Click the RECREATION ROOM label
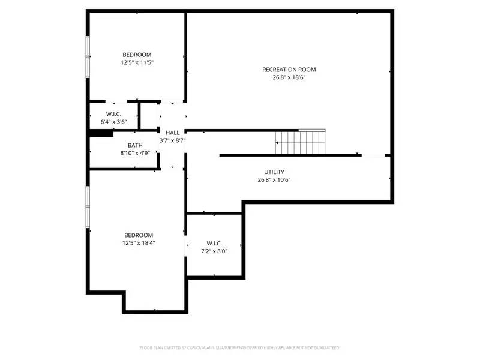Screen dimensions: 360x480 click(x=289, y=70)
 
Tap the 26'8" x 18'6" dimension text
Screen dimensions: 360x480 click(x=289, y=77)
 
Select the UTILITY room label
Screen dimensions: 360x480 click(x=274, y=172)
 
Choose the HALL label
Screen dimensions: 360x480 click(x=172, y=133)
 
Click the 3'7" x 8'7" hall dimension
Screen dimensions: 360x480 click(x=172, y=140)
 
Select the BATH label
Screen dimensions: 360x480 click(x=135, y=145)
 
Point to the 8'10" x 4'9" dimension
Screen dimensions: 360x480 click(x=135, y=153)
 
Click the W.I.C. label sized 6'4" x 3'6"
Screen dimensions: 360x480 click(x=114, y=114)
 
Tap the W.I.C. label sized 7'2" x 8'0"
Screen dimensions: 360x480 click(x=214, y=243)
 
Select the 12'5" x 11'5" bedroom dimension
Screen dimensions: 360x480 click(x=137, y=62)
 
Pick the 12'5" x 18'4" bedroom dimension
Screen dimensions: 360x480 click(x=139, y=243)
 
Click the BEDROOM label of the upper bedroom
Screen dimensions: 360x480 click(x=137, y=54)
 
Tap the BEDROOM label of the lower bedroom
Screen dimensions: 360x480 click(x=139, y=235)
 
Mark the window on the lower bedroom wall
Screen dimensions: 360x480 click(x=88, y=207)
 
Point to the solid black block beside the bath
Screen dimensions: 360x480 click(x=101, y=134)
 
